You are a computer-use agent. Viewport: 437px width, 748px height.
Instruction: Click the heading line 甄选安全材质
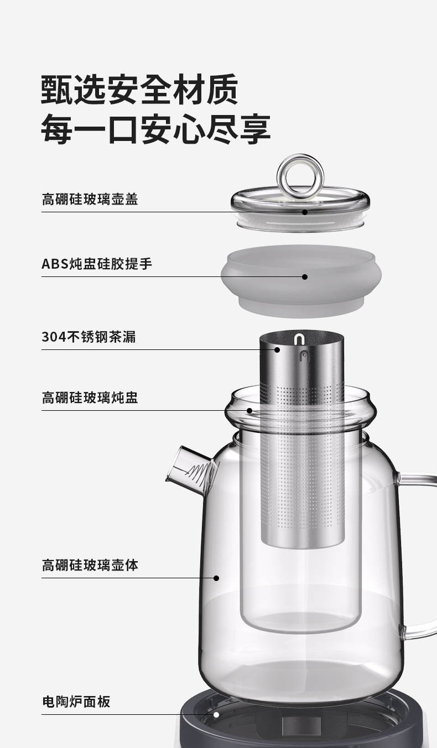(139, 90)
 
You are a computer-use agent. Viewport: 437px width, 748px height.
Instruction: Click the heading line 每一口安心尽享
(155, 129)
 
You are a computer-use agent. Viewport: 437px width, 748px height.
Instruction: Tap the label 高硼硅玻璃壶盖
(90, 200)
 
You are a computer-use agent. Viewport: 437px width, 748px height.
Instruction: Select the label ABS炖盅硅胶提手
(97, 264)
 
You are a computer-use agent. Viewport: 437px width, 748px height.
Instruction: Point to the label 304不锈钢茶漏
(89, 337)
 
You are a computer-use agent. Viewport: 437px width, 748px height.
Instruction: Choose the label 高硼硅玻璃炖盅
(90, 397)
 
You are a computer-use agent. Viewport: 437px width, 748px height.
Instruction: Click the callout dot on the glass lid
(305, 212)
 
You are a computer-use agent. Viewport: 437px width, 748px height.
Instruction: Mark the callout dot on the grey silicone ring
(305, 277)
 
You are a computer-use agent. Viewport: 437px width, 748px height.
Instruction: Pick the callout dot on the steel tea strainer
(277, 349)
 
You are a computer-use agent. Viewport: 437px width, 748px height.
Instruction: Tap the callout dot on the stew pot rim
(249, 410)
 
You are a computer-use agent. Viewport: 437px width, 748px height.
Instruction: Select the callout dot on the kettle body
(216, 578)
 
